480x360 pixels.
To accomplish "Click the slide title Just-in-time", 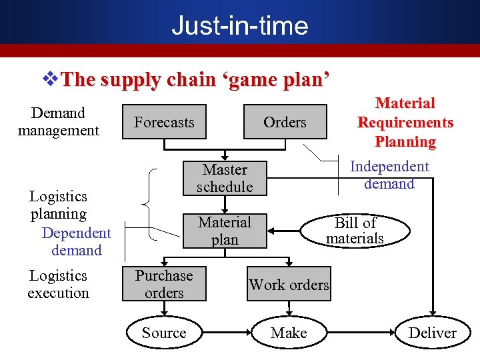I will tap(239, 25).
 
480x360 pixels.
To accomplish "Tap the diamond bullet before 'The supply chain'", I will tap(51, 80).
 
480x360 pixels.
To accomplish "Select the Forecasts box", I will tap(164, 122).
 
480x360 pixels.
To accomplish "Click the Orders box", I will tap(285, 122).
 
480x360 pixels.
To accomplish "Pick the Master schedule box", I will tap(225, 179).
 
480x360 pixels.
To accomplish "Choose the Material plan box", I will tap(225, 231).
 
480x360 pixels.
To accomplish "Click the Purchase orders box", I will tap(164, 284).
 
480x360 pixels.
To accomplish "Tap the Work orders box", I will tap(289, 285).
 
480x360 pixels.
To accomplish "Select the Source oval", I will tap(164, 333).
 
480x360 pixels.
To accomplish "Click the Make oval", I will tap(289, 333).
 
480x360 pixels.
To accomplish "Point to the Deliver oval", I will tap(432, 333).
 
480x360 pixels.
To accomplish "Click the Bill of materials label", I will tap(355, 231).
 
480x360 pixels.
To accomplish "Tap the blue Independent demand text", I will tap(389, 175).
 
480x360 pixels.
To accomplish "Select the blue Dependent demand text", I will tap(76, 241).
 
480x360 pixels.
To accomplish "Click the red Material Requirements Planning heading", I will tap(405, 123).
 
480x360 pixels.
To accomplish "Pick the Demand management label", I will tap(58, 122).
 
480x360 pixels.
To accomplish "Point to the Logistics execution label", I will tap(58, 284).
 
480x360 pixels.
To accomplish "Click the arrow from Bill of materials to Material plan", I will tap(287, 231).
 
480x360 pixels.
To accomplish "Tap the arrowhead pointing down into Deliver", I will tap(432, 311).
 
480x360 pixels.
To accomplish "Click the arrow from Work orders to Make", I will tap(289, 308).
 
